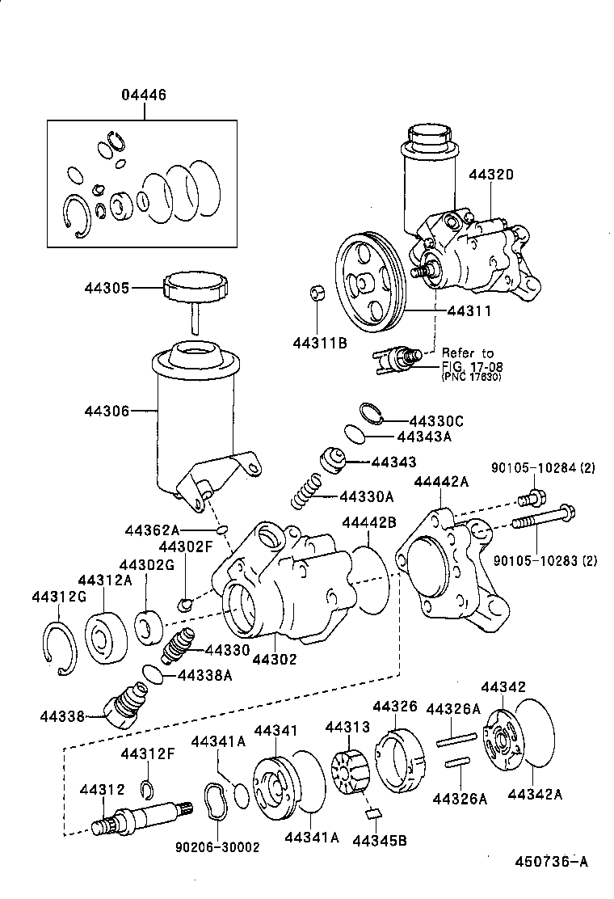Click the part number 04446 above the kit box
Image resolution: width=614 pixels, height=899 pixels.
coord(144,95)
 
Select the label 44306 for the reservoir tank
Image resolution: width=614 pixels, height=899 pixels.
coord(106,411)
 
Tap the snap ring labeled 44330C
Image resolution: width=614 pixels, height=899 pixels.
coord(371,412)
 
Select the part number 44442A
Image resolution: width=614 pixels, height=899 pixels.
coord(440,482)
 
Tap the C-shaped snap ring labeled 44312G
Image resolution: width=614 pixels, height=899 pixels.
coord(57,648)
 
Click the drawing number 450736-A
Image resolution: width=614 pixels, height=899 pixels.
coord(551,862)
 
